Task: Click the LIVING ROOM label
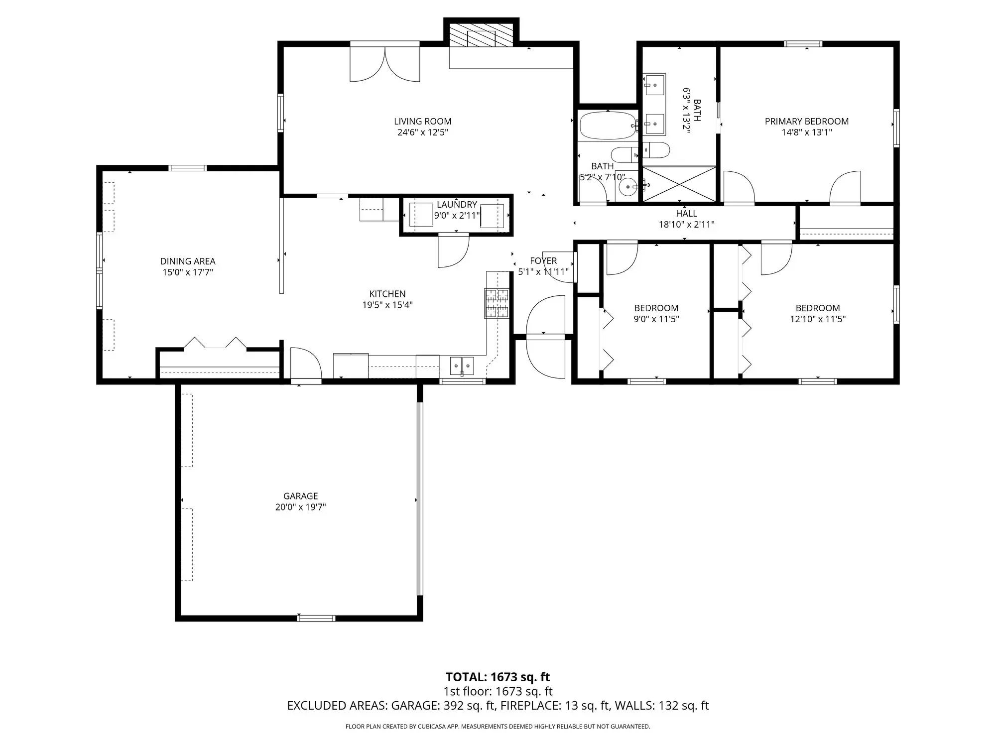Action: tap(422, 121)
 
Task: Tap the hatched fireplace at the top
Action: tap(481, 35)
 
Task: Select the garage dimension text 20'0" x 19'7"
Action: tap(300, 507)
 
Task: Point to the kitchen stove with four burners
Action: tap(497, 303)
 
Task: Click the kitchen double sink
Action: tap(462, 366)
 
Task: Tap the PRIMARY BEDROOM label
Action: tap(807, 121)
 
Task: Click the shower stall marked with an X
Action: tap(679, 184)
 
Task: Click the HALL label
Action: tap(686, 214)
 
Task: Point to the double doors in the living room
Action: tap(384, 64)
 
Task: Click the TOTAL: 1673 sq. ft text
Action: tap(498, 677)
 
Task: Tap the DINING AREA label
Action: tap(188, 261)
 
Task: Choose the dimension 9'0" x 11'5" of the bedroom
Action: tap(656, 319)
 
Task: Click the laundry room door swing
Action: tap(453, 251)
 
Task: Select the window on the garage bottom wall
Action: tap(316, 618)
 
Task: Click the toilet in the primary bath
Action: tap(655, 150)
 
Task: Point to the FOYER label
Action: tap(543, 260)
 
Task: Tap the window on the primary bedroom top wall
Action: tap(803, 44)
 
